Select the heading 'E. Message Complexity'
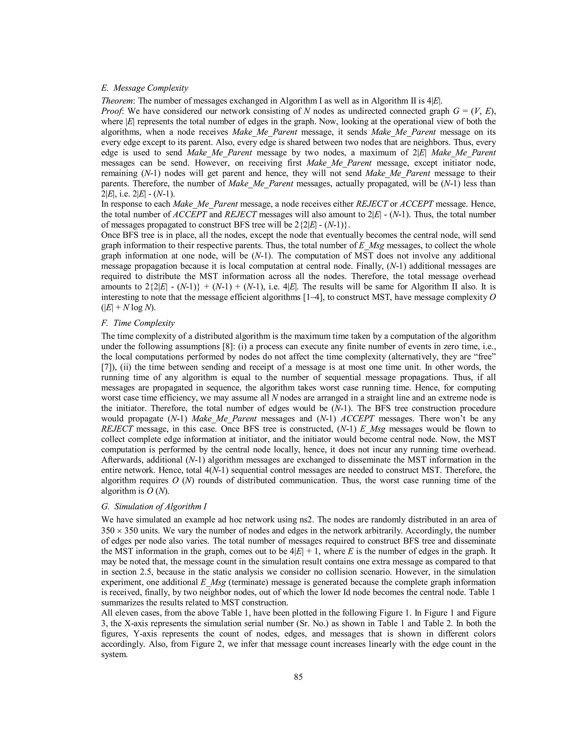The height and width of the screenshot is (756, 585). point(145,88)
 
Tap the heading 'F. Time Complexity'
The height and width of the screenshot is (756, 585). point(138,323)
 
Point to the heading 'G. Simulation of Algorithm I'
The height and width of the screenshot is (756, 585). point(154,506)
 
